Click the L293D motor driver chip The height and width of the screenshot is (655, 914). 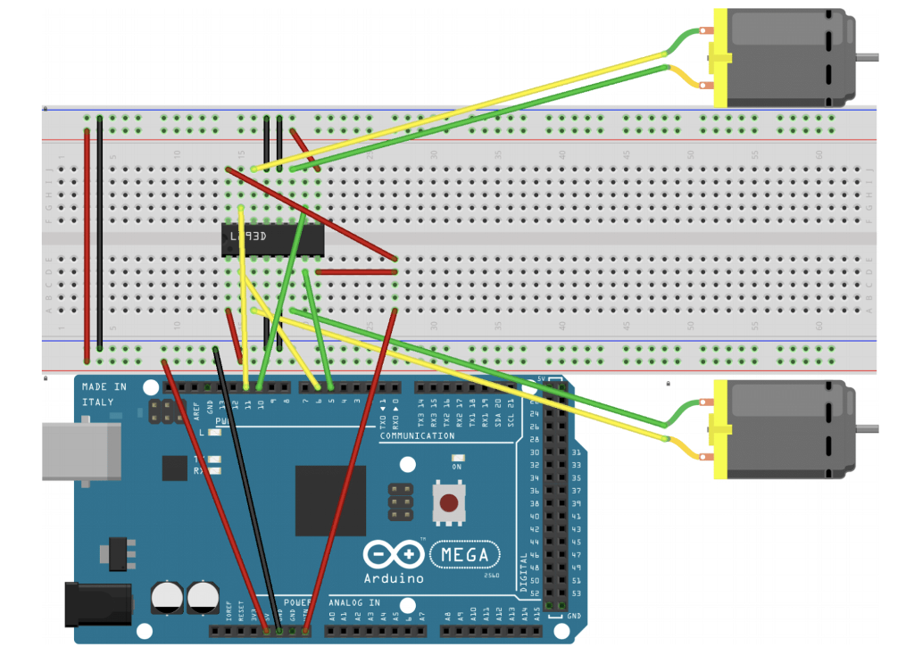[x=272, y=238]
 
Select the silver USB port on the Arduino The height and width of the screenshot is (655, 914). [x=81, y=451]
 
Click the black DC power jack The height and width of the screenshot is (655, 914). [x=98, y=603]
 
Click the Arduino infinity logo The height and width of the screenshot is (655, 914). [x=394, y=555]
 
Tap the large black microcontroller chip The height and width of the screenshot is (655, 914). [x=330, y=500]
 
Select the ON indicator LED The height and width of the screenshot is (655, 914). [x=456, y=457]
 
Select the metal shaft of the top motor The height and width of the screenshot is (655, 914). [x=866, y=57]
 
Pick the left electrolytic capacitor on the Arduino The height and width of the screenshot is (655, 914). [x=168, y=597]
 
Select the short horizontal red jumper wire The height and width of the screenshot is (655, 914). [x=355, y=271]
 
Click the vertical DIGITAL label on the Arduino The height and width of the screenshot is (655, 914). [x=524, y=571]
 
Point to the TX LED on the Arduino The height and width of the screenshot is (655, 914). [x=214, y=458]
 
